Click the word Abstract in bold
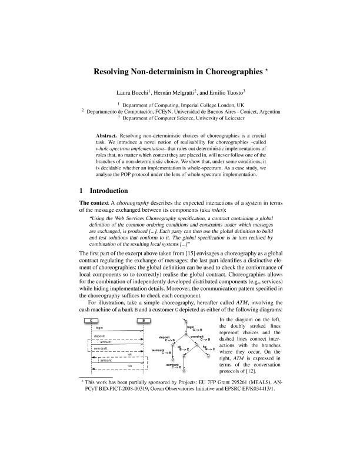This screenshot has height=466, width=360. pos(106,136)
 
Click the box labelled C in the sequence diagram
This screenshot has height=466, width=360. pos(92,319)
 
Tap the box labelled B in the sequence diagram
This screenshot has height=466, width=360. pos(144,319)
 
